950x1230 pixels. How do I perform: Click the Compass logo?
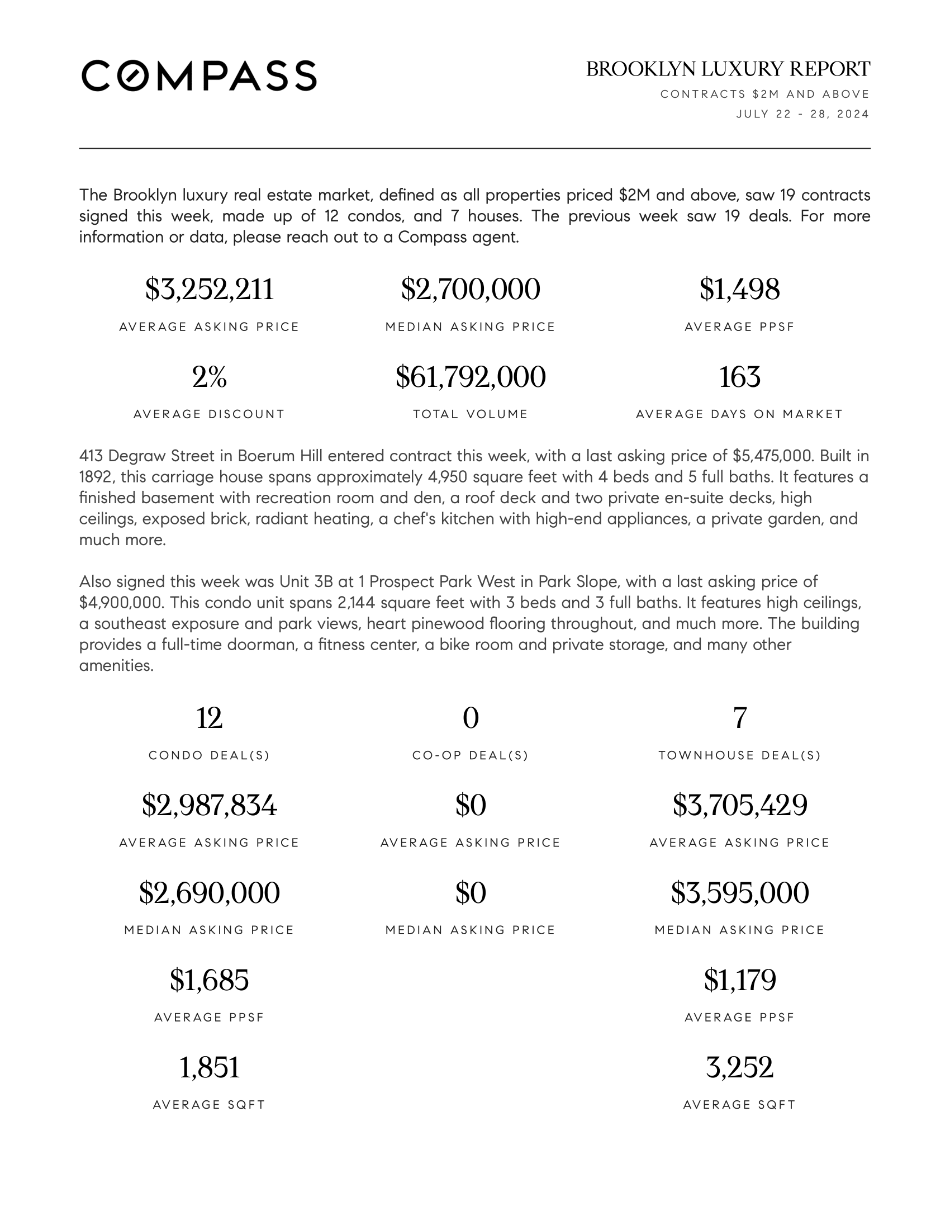[x=199, y=75]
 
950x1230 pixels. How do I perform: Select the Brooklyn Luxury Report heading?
[x=728, y=69]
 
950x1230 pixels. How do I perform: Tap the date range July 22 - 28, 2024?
[x=802, y=114]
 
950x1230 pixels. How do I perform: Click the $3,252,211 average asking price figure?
[x=210, y=290]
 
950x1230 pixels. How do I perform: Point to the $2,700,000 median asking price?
[x=471, y=290]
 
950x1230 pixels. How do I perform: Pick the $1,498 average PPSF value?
[x=739, y=290]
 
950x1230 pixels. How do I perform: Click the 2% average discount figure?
[x=210, y=377]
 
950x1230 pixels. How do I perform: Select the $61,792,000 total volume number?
[x=471, y=377]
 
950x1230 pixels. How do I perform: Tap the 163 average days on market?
[x=739, y=377]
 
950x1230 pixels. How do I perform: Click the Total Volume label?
[x=471, y=414]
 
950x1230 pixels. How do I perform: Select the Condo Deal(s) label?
[x=210, y=755]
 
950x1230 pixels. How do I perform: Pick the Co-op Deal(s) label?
[x=471, y=755]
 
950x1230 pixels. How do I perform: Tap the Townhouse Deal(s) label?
[x=739, y=755]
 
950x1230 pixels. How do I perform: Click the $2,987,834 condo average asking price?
[x=210, y=805]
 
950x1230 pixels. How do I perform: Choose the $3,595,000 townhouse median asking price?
[x=739, y=893]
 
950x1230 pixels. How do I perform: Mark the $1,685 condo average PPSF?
[x=210, y=980]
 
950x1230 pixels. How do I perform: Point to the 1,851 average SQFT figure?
[x=210, y=1067]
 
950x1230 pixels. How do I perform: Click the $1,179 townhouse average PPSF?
[x=739, y=980]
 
